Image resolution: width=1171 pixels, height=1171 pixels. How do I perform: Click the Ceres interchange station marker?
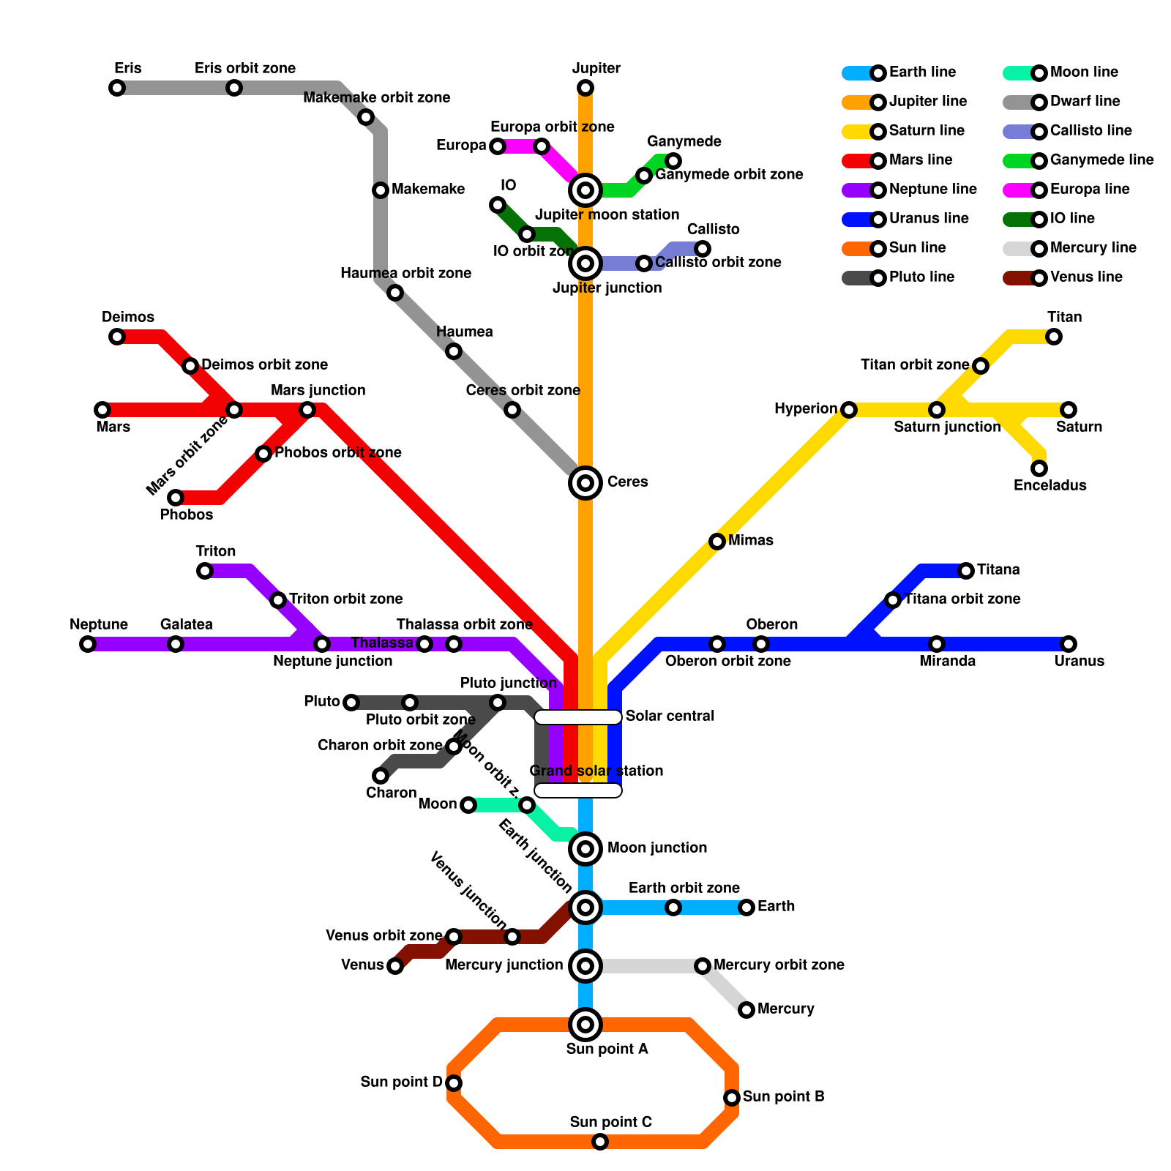point(585,483)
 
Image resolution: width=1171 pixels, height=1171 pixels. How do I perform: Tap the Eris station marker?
point(117,88)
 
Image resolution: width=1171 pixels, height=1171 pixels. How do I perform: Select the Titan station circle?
point(1054,337)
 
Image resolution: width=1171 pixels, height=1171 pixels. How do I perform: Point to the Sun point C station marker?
point(600,1142)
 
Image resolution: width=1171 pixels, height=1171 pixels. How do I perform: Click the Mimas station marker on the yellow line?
point(717,542)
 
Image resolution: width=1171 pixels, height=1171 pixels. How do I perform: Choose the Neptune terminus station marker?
point(88,644)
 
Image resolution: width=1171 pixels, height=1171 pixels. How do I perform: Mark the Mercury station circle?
point(747,1010)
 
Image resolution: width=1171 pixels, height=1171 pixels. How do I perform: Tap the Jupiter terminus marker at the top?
point(585,88)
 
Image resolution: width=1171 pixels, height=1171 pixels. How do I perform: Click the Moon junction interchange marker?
point(585,849)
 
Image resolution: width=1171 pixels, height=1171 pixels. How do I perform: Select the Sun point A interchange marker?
point(585,1025)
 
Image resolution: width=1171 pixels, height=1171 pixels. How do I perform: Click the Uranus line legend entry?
point(908,219)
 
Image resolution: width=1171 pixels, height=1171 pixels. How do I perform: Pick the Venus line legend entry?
point(1065,277)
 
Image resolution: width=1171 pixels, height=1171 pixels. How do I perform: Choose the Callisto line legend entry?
point(1069,131)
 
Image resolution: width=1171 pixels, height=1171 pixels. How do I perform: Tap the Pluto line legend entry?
point(900,277)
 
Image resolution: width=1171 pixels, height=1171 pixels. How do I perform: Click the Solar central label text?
point(670,716)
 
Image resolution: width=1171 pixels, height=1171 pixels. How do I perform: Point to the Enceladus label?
point(1050,485)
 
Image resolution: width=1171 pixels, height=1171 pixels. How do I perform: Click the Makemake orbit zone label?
point(376,98)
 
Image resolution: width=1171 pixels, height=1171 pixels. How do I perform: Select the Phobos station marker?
point(176,498)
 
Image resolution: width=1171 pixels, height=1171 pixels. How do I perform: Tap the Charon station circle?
point(381,776)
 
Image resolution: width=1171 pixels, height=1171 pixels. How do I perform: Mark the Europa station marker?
point(498,146)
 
